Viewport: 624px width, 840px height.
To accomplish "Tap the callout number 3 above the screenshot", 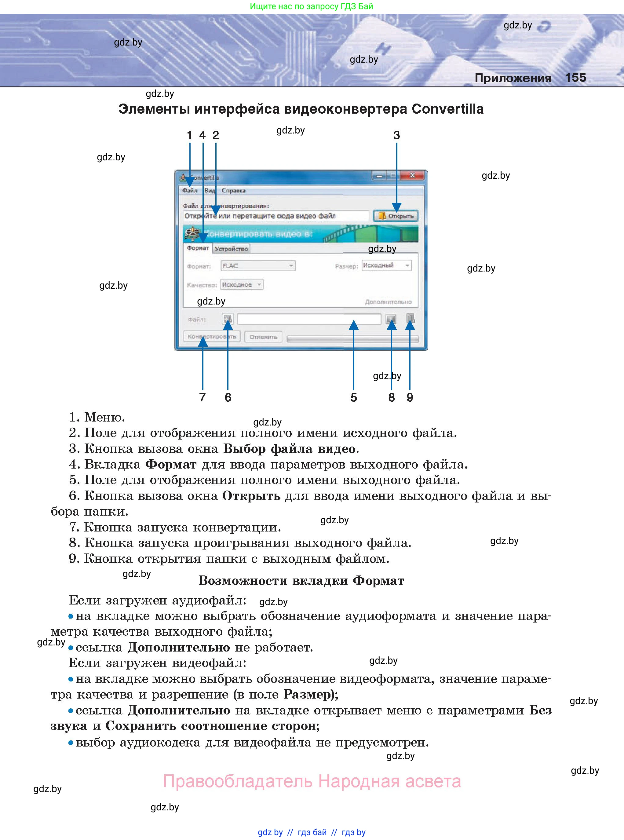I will pos(396,135).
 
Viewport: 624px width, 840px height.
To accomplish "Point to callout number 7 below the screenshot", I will pos(203,397).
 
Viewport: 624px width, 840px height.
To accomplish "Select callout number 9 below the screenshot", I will pos(410,397).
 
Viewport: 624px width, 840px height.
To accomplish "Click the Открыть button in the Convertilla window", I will pos(396,216).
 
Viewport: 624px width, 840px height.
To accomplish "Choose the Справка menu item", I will pos(233,190).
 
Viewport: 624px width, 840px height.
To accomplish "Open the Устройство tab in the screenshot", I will pos(231,249).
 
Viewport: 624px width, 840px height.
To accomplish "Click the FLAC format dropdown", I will pos(257,266).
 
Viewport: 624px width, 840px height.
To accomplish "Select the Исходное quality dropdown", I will pos(242,284).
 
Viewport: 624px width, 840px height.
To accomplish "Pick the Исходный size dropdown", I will pos(386,265).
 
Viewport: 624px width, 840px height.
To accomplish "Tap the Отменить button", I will pos(263,337).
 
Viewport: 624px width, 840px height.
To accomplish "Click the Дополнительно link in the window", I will pos(388,302).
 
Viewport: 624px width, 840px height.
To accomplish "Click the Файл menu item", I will pos(190,190).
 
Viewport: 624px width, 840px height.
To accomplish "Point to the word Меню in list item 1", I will pos(104,417).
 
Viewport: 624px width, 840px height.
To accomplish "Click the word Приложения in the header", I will pos(513,78).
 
